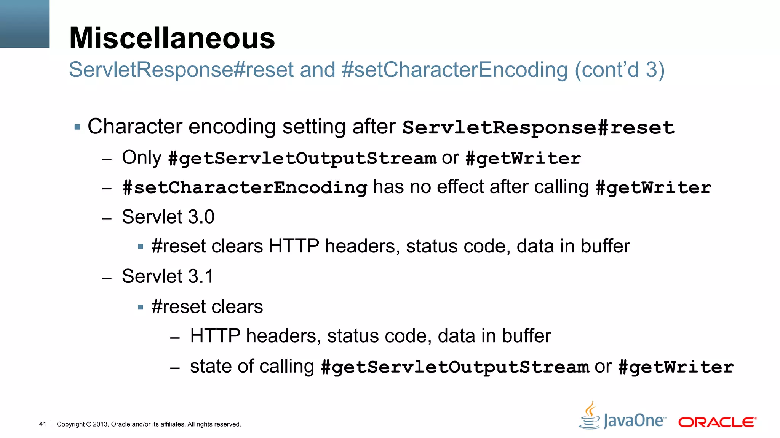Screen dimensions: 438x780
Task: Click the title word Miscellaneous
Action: [x=172, y=38]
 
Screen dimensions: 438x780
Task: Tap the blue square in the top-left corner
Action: [x=24, y=24]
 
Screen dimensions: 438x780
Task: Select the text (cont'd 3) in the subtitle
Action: [x=619, y=70]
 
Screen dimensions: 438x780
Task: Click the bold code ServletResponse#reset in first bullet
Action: [x=538, y=127]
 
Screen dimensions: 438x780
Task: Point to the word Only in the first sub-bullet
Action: [x=142, y=157]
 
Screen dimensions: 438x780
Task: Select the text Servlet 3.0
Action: [x=168, y=217]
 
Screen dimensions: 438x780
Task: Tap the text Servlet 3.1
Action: [x=168, y=276]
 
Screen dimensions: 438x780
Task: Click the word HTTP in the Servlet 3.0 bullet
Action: [x=294, y=246]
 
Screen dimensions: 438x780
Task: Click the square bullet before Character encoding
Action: [x=77, y=127]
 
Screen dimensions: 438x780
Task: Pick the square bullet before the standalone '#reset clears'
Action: [x=141, y=307]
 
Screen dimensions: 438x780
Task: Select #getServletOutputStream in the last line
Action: [x=455, y=367]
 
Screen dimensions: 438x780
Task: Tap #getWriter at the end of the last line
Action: [x=676, y=367]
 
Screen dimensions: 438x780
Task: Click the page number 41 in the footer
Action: [x=42, y=424]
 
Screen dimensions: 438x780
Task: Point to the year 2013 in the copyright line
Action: [x=101, y=424]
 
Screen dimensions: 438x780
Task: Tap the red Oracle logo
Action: [x=717, y=422]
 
